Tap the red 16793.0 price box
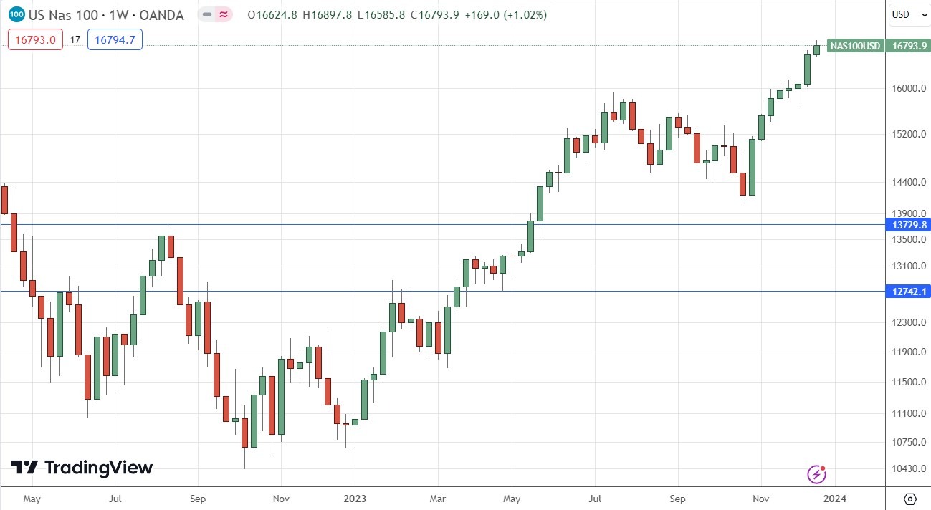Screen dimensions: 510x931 (x=35, y=40)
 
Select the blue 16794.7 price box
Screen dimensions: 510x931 (x=115, y=40)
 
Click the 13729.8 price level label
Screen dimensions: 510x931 (x=909, y=225)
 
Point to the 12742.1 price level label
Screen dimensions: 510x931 (x=909, y=292)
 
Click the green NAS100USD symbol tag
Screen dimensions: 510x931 (x=854, y=46)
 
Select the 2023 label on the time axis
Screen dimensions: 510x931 (x=355, y=498)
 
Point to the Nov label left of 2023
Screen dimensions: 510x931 (x=281, y=498)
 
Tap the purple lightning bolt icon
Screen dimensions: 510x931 (x=816, y=473)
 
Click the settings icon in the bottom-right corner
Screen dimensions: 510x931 (x=909, y=499)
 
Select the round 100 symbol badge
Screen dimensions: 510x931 (x=17, y=14)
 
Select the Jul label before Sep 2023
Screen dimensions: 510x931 (x=595, y=498)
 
